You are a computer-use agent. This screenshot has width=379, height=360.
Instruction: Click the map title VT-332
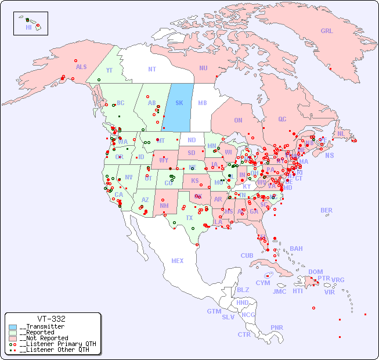pyautogui.click(x=51, y=319)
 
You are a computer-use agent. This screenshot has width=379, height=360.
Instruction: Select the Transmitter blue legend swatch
pyautogui.click(x=13, y=327)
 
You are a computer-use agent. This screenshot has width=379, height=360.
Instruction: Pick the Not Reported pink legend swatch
pyautogui.click(x=13, y=338)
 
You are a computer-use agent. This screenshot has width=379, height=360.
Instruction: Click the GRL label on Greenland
pyautogui.click(x=327, y=31)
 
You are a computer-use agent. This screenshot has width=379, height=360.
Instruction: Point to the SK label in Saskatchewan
pyautogui.click(x=179, y=103)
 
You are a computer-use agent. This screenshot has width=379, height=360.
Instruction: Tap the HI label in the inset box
pyautogui.click(x=28, y=27)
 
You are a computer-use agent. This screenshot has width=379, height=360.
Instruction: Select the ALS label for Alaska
pyautogui.click(x=81, y=67)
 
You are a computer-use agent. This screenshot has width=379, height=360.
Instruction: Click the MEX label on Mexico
pyautogui.click(x=178, y=261)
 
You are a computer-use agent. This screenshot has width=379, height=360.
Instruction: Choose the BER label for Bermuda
pyautogui.click(x=326, y=210)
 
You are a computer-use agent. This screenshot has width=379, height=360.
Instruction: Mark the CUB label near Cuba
pyautogui.click(x=247, y=255)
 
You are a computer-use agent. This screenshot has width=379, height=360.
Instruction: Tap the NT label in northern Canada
pyautogui.click(x=152, y=69)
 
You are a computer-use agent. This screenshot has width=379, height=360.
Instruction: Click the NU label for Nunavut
pyautogui.click(x=203, y=68)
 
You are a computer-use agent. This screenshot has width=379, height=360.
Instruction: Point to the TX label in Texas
pyautogui.click(x=189, y=218)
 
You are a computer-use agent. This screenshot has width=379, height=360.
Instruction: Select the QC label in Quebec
pyautogui.click(x=282, y=119)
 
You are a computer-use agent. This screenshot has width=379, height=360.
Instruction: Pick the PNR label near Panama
pyautogui.click(x=277, y=327)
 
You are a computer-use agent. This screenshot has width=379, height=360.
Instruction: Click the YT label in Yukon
pyautogui.click(x=109, y=70)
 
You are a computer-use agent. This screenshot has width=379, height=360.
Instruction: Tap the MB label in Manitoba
pyautogui.click(x=203, y=103)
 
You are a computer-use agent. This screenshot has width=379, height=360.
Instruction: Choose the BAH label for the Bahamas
pyautogui.click(x=296, y=249)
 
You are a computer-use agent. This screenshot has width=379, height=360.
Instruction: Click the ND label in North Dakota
pyautogui.click(x=192, y=140)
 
